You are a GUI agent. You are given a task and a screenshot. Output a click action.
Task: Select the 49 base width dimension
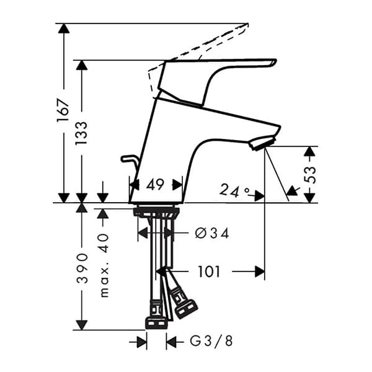156,184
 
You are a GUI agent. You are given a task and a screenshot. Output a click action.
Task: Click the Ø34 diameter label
211,234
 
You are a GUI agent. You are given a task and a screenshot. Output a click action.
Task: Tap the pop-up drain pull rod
130,161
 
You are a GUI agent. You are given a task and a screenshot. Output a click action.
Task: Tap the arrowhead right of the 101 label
259,271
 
